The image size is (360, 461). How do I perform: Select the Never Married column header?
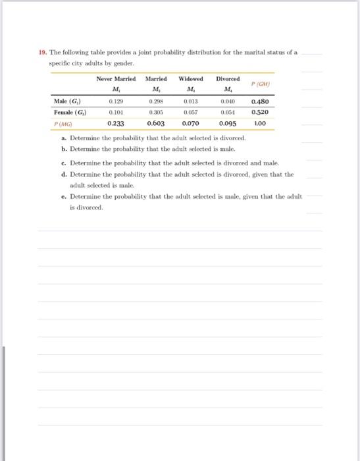click(116, 78)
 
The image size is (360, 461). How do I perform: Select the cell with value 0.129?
click(116, 101)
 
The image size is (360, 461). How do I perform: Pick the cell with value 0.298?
click(155, 101)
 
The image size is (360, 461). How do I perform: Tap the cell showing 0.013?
click(190, 101)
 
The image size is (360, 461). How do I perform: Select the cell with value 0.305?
click(155, 111)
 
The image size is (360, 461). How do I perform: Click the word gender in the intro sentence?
click(122, 63)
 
